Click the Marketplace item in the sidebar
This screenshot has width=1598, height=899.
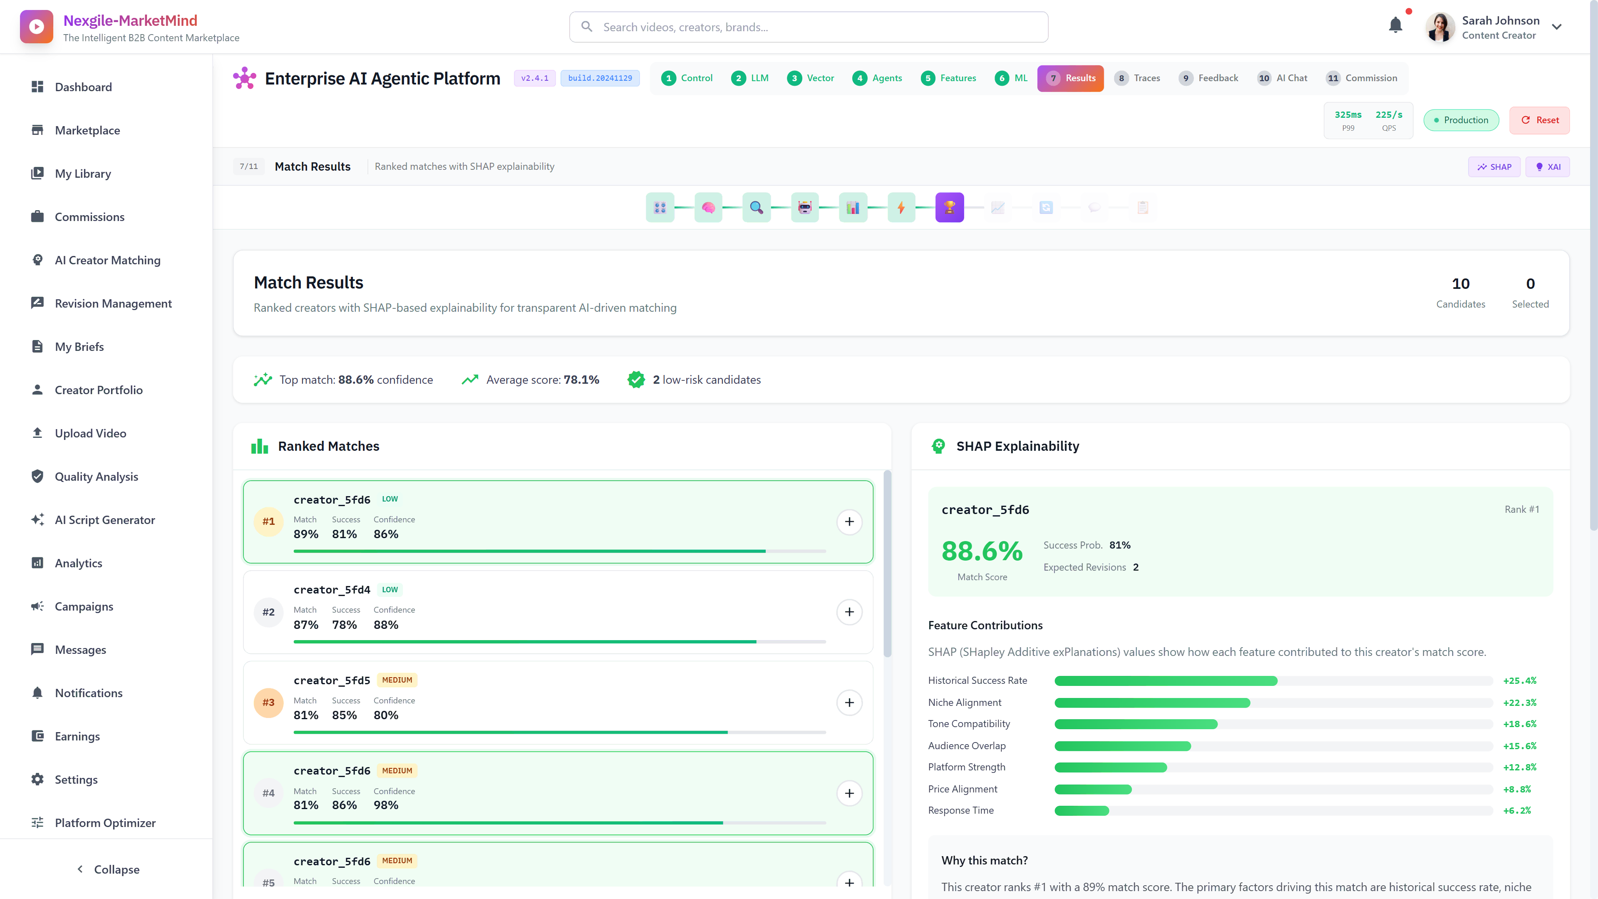tap(87, 130)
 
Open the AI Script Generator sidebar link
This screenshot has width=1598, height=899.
tap(104, 520)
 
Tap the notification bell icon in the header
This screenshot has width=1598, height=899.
tap(1395, 25)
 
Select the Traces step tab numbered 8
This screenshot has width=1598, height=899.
tap(1138, 78)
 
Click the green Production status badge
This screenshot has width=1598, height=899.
tap(1461, 120)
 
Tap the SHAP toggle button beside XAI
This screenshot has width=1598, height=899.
tap(1494, 167)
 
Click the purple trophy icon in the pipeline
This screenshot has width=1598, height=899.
tap(949, 208)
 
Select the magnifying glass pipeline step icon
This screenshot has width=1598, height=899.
tap(756, 208)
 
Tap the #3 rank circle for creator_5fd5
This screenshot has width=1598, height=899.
tap(268, 702)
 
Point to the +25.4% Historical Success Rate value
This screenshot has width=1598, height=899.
tap(1519, 680)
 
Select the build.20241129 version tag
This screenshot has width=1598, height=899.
tap(600, 78)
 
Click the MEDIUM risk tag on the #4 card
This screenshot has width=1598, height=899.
tap(397, 770)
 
